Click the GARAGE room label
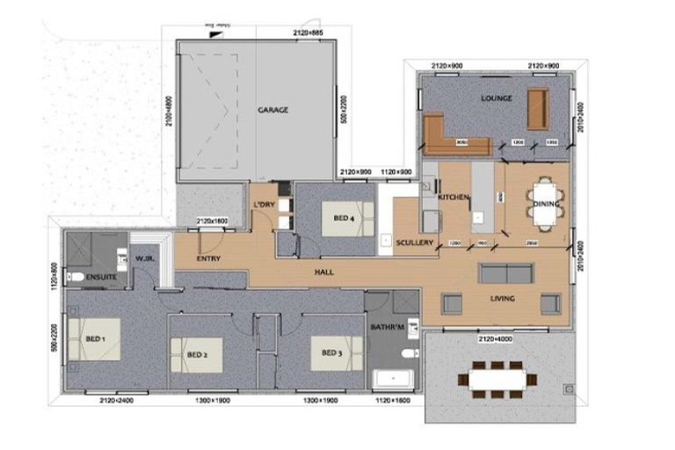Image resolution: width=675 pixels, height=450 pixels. pos(272,110)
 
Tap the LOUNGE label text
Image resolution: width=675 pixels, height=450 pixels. pos(496,99)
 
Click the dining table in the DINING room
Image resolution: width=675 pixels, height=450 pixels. pos(545,204)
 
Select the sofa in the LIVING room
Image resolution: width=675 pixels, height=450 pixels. pos(504,272)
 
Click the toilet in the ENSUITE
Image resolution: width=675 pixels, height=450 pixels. pos(76,279)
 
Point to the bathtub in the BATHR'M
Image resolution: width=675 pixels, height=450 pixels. pos(390,380)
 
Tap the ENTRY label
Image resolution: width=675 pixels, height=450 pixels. pos(208,258)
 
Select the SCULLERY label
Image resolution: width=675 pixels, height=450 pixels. pos(412,243)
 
